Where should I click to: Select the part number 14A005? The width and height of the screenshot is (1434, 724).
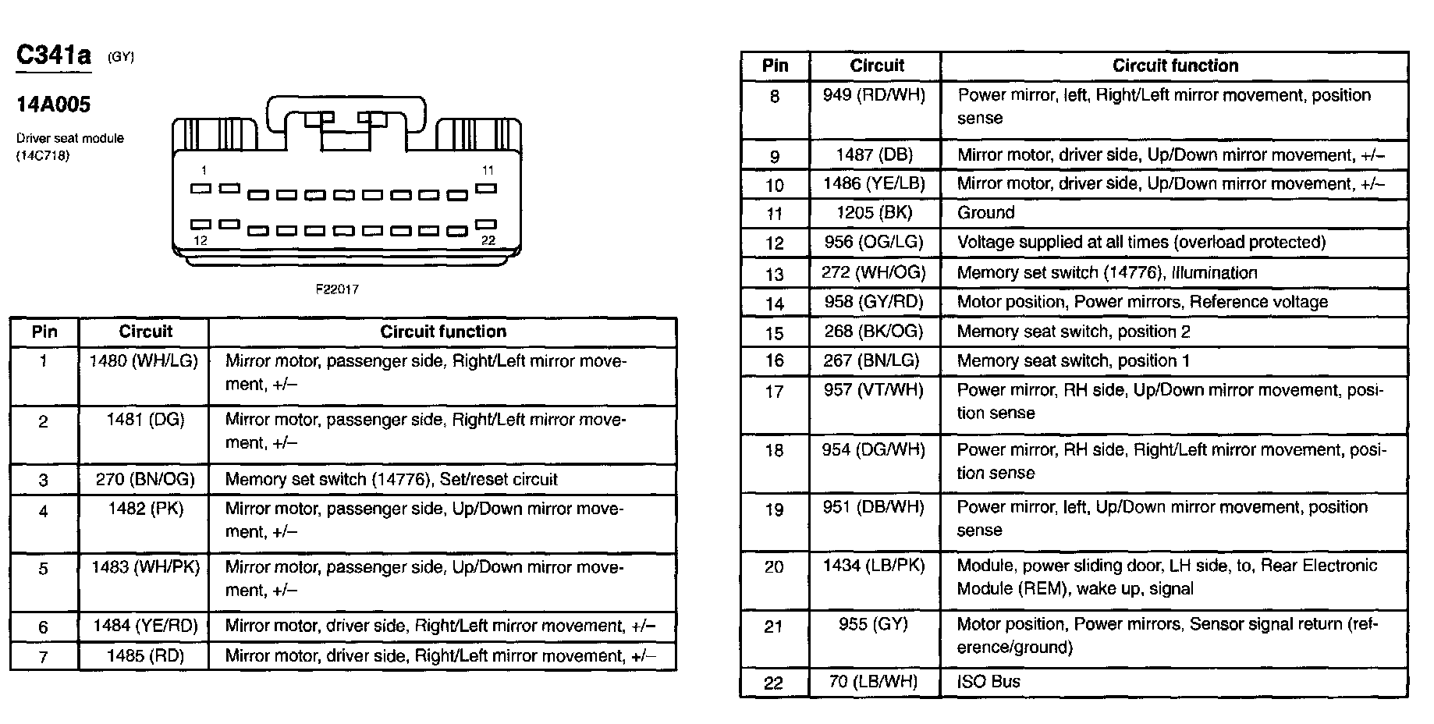[x=54, y=105]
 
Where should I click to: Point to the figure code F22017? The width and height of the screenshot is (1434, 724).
[x=337, y=289]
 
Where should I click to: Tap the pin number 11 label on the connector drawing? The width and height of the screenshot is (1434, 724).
[x=488, y=170]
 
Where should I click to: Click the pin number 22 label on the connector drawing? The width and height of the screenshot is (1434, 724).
[x=488, y=240]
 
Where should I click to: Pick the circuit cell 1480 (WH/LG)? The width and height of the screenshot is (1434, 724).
[x=144, y=361]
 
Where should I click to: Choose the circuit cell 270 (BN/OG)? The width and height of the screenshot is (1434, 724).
[x=144, y=479]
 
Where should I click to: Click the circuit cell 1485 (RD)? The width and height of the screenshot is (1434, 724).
[x=145, y=656]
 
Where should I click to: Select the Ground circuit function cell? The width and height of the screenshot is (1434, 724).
[x=986, y=213]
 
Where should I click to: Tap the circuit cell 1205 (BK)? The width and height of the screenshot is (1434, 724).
[x=874, y=213]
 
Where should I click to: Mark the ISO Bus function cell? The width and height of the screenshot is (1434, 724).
[x=989, y=682]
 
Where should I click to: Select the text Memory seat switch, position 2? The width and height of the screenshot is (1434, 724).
[x=1074, y=332]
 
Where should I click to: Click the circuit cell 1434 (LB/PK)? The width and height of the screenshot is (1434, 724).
[x=874, y=566]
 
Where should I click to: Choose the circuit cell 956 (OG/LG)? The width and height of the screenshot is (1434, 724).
[x=874, y=243]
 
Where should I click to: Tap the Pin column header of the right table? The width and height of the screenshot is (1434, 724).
[x=775, y=66]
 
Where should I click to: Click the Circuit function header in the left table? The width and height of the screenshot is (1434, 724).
[x=443, y=332]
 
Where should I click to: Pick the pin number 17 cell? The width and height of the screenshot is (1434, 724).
[x=774, y=392]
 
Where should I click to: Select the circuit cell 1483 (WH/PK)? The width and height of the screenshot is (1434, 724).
[x=145, y=568]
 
